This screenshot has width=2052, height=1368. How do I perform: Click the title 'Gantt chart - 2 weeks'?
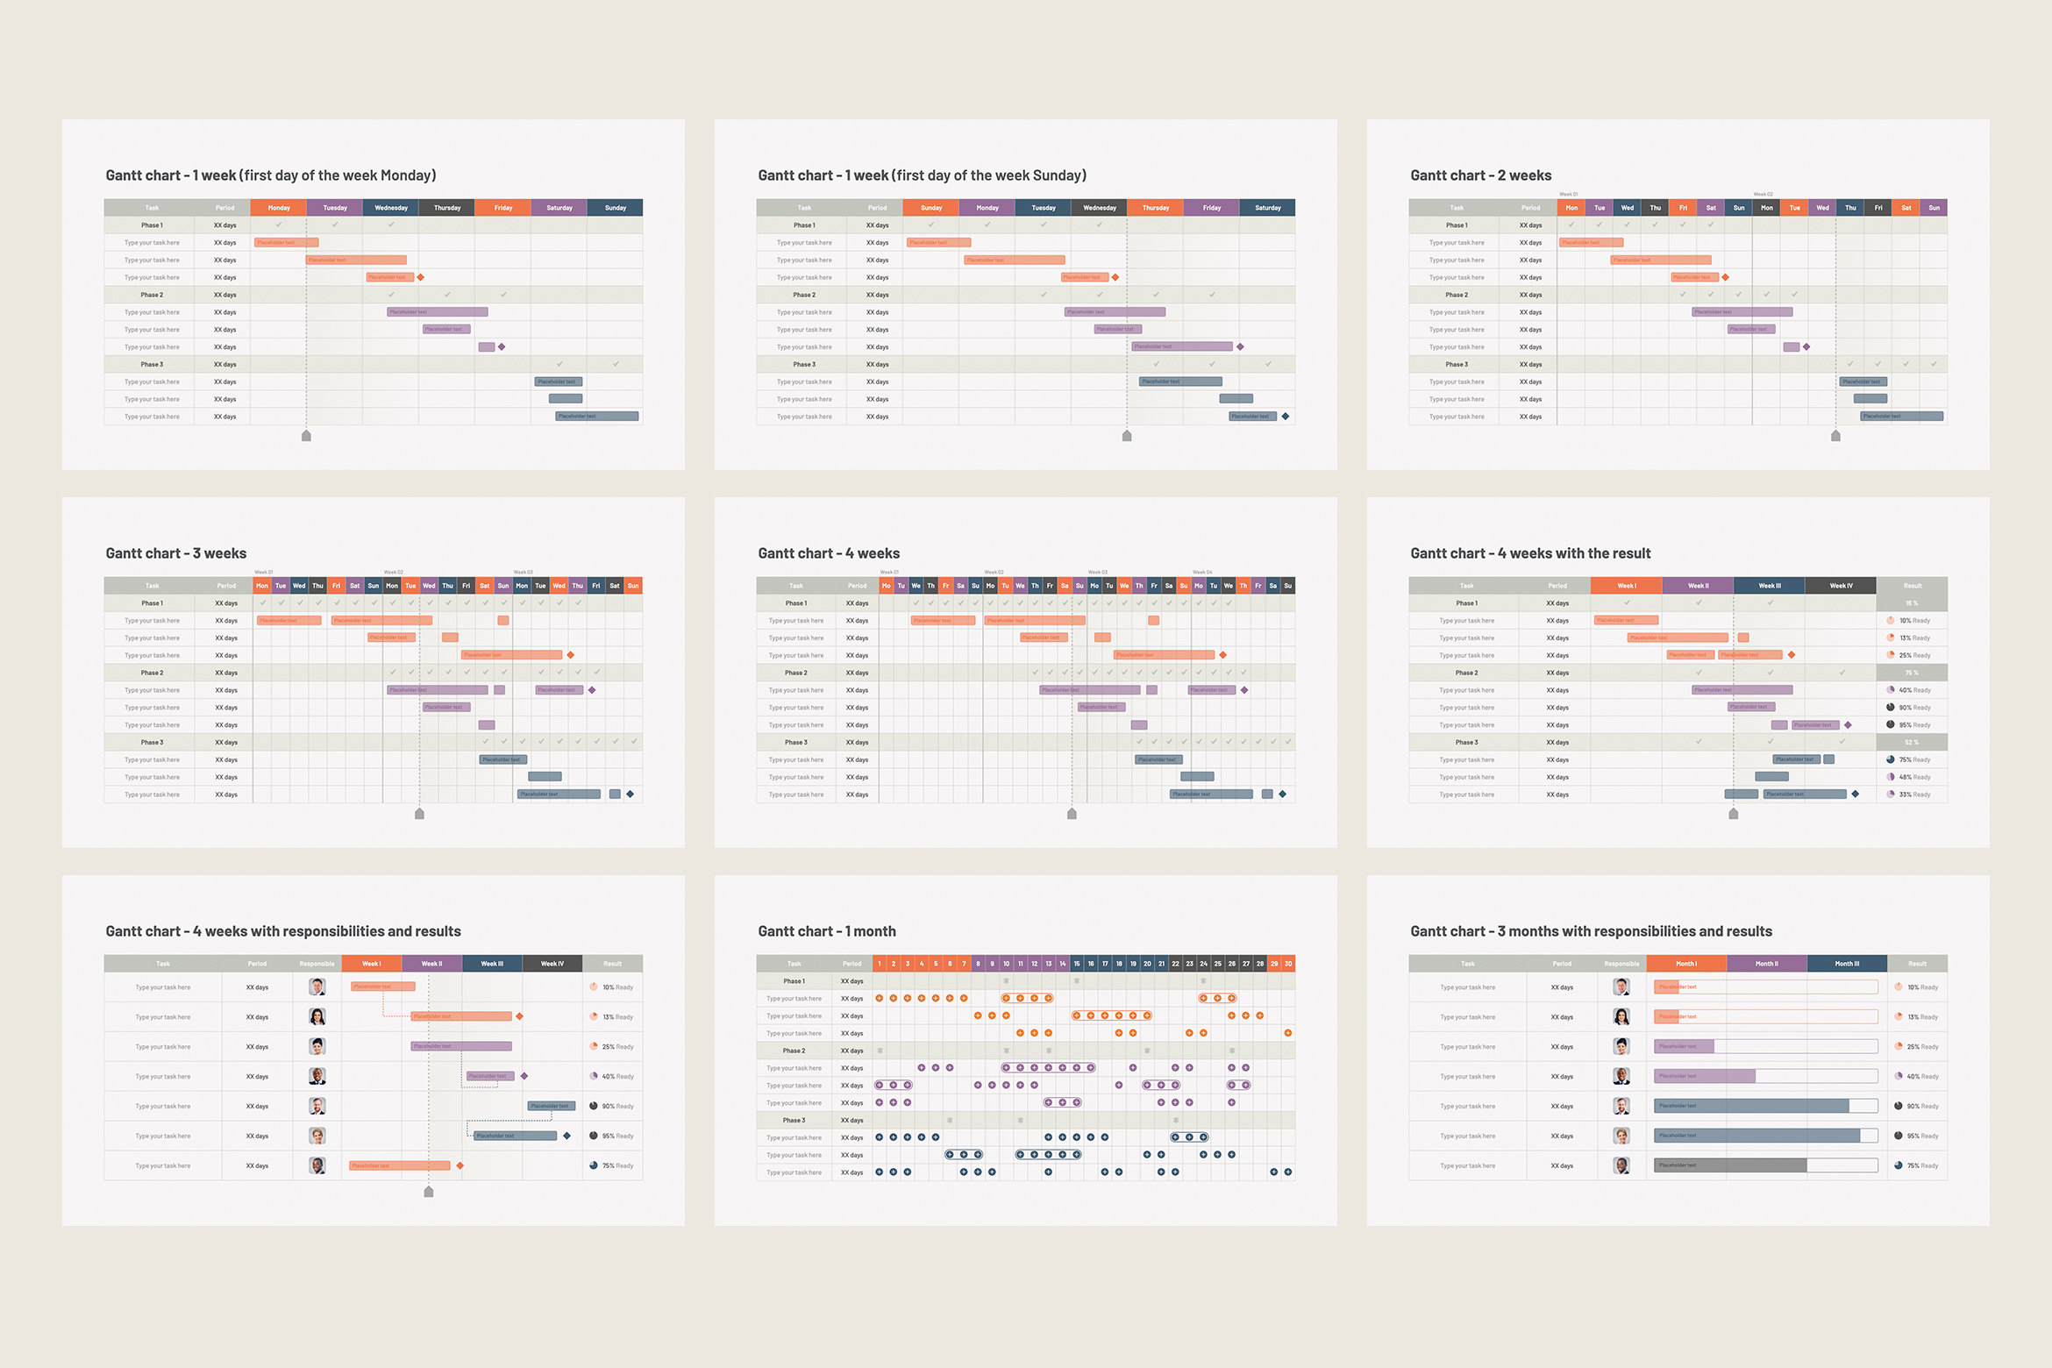tap(1480, 175)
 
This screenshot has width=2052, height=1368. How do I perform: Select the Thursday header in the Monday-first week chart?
tap(447, 208)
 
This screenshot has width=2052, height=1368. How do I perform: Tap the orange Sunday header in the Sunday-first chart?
tap(931, 208)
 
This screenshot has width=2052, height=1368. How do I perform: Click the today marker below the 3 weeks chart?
tap(419, 814)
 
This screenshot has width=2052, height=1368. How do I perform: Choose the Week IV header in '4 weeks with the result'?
tap(1841, 586)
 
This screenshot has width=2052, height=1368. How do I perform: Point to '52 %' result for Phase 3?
tap(1912, 743)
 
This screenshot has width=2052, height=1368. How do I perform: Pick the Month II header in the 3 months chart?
tap(1766, 964)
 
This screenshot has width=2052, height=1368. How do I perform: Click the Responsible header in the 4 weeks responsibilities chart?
tap(317, 964)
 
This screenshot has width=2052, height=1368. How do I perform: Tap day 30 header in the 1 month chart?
tap(1288, 964)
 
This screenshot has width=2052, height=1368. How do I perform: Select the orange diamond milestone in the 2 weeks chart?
tap(1725, 277)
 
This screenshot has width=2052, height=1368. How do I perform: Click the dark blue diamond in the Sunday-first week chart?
tap(1285, 417)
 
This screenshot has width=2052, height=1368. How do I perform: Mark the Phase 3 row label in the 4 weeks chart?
tap(795, 743)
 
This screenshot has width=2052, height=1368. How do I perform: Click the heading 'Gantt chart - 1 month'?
tap(826, 931)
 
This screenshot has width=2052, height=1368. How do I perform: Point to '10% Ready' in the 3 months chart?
tap(1921, 987)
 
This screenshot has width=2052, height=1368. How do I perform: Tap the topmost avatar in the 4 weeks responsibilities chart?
tap(317, 987)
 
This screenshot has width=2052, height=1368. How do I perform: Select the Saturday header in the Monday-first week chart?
tap(559, 208)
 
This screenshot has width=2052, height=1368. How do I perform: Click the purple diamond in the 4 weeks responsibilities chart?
tap(524, 1076)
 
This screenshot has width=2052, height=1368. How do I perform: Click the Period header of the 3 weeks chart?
tap(226, 586)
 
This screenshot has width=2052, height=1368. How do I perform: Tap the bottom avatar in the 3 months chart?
tap(1621, 1165)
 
